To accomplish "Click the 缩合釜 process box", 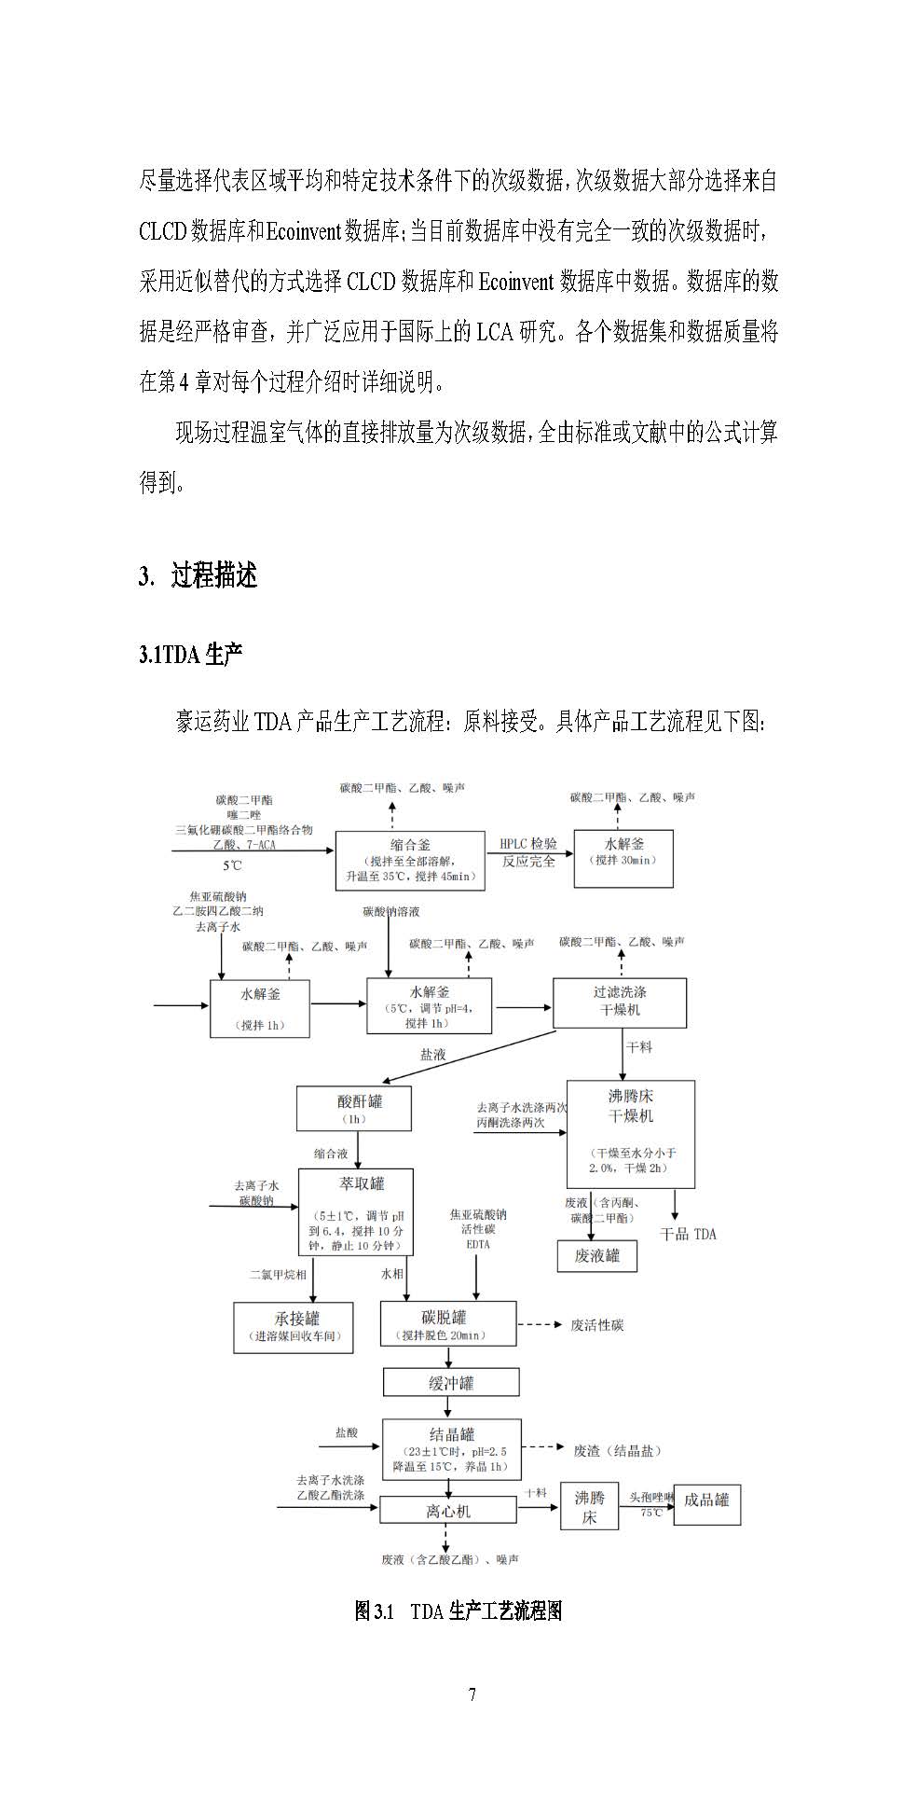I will [x=410, y=859].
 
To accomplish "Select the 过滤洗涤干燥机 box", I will [x=620, y=1002].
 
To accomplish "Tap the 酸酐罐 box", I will [x=353, y=1108].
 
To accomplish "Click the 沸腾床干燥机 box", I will [x=630, y=1133].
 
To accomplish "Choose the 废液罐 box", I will [x=596, y=1255].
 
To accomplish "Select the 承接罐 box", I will [x=294, y=1327].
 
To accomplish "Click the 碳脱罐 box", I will [x=447, y=1324].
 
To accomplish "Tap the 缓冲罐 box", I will [x=451, y=1382].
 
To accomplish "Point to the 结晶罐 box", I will [x=452, y=1448].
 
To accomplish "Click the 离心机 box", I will [x=447, y=1510].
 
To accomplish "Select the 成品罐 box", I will [x=706, y=1500].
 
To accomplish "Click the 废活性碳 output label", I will [x=596, y=1324].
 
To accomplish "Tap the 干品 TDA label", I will [x=688, y=1234].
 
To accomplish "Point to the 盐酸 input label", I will [x=347, y=1432].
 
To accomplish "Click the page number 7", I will [x=472, y=1694].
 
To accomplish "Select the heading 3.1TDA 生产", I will [x=191, y=655].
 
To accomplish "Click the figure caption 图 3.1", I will [x=458, y=1611].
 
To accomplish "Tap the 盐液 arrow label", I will [x=433, y=1055].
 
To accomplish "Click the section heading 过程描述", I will [x=213, y=575].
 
